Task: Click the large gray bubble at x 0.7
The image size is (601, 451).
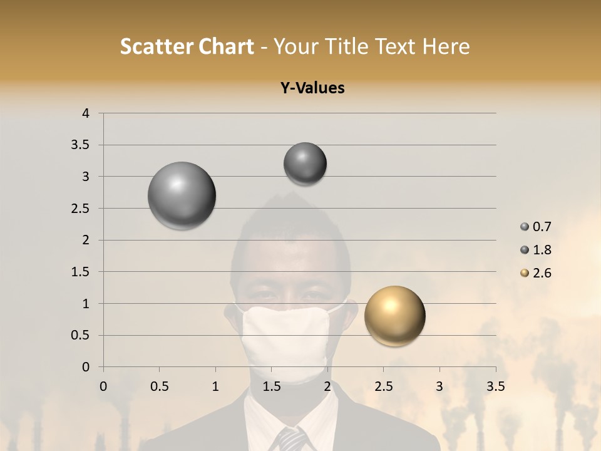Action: point(182,196)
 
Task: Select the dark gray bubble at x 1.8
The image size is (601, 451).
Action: point(305,164)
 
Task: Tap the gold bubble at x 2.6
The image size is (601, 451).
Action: point(394,316)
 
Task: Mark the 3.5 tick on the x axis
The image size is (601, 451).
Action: point(495,386)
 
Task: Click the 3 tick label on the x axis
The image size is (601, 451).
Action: point(439,386)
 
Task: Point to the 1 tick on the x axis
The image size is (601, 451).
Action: point(215,386)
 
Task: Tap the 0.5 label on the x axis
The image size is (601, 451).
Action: point(159,386)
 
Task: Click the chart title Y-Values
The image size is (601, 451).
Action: point(312,88)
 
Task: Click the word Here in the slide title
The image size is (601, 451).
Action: point(445,46)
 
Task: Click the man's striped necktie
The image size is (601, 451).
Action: point(290,438)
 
